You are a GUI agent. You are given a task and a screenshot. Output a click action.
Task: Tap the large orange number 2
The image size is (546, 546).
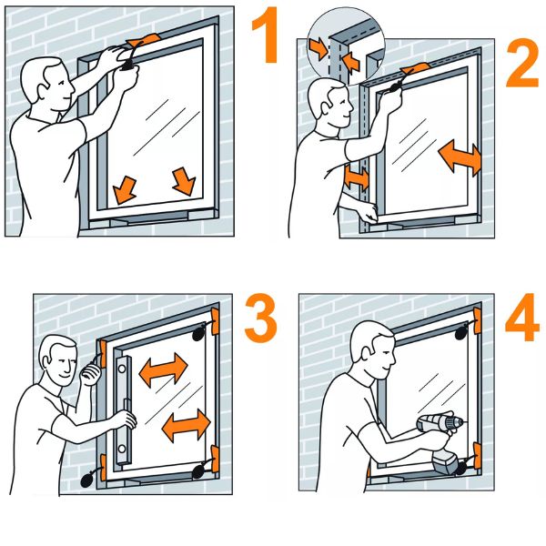pos(522,63)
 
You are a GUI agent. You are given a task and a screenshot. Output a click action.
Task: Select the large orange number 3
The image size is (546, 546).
pos(261,318)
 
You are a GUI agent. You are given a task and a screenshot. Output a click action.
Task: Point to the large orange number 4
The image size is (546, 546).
pos(522,317)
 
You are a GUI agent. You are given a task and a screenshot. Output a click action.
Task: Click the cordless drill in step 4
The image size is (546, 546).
pos(441,443)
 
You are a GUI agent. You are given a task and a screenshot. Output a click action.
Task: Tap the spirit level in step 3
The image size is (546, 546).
pos(124,410)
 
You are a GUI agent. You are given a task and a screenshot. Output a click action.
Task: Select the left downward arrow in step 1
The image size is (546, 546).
pos(125,190)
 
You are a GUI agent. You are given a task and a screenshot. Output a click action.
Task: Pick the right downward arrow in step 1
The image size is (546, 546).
pos(184,181)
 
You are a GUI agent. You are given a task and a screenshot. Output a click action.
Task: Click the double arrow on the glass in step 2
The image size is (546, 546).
pos(460,157)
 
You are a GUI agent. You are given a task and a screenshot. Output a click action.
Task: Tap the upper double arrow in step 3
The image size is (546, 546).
pos(163,369)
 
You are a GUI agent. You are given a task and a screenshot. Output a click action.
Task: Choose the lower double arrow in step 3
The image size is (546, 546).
pos(187,426)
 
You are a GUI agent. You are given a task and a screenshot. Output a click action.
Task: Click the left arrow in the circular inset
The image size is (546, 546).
pos(318,47)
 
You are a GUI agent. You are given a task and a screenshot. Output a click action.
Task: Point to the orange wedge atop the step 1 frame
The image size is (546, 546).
pos(144,40)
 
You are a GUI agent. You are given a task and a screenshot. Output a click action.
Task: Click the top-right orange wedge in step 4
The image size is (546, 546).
pos(478,320)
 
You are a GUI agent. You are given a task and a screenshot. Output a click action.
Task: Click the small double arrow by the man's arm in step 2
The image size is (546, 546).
pos(356,178)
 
